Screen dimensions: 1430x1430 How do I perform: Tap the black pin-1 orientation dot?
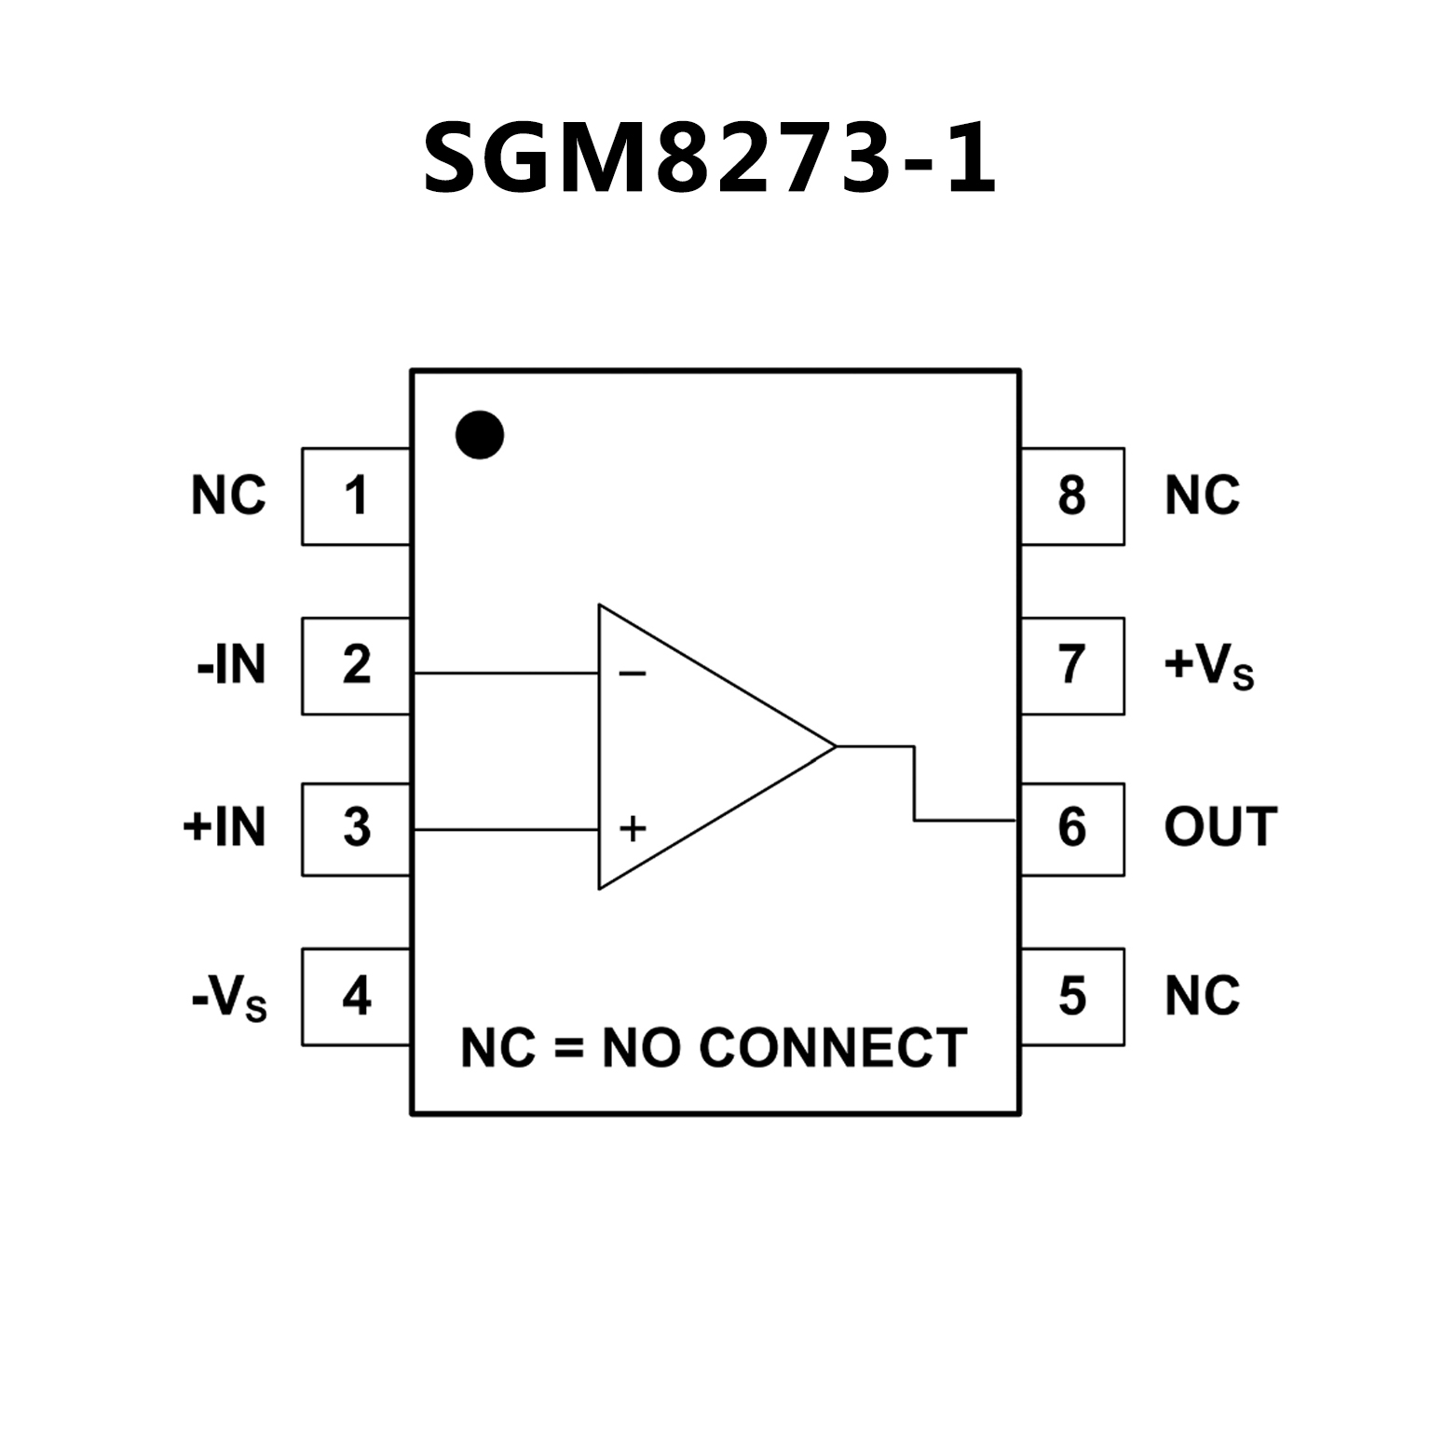[480, 435]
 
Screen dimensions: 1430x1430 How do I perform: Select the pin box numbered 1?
[356, 496]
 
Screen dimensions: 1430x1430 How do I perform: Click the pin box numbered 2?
[356, 665]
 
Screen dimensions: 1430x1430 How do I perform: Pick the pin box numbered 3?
[356, 828]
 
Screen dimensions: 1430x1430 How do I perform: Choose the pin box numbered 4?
[356, 996]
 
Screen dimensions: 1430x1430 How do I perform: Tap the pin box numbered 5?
[1072, 996]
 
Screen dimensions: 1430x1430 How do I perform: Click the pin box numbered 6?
[1072, 828]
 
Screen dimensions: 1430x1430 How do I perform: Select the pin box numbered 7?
[1072, 665]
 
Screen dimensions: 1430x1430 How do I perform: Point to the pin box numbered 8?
[1072, 496]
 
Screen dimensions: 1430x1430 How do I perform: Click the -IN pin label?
[231, 665]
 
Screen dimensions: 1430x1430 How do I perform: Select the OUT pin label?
[1220, 827]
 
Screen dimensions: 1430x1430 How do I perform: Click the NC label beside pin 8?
[1202, 496]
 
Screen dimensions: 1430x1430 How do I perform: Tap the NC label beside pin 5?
[1202, 996]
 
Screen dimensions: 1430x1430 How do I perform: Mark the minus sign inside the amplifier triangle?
[633, 674]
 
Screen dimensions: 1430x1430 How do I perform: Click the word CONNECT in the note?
[833, 1048]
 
